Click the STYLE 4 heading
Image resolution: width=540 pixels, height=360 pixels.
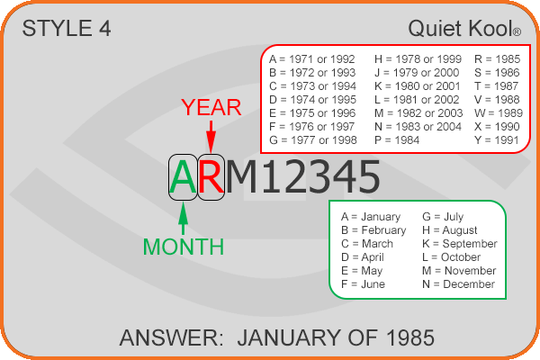click(67, 28)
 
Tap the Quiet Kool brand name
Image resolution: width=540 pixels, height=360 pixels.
click(464, 28)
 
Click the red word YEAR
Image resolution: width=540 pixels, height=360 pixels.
click(211, 107)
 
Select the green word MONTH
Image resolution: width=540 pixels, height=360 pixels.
click(184, 247)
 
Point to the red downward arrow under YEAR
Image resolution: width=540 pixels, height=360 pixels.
click(211, 137)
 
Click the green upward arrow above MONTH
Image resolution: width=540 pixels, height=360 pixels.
click(184, 219)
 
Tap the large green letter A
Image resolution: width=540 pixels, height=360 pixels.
click(183, 177)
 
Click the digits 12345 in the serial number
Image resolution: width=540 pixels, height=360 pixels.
click(321, 177)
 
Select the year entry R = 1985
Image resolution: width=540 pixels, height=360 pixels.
click(497, 59)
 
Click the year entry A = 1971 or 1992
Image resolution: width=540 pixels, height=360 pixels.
click(312, 59)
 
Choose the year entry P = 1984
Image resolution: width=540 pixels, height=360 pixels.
click(397, 140)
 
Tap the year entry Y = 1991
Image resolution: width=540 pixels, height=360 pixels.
click(496, 140)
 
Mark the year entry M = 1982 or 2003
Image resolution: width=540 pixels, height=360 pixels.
click(418, 113)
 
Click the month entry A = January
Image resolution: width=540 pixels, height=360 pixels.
click(371, 217)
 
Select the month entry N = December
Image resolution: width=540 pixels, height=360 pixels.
click(458, 284)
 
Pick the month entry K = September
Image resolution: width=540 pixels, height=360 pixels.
click(460, 244)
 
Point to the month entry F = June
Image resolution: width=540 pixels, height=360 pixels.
click(363, 284)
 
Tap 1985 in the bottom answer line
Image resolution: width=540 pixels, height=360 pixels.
click(410, 337)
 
